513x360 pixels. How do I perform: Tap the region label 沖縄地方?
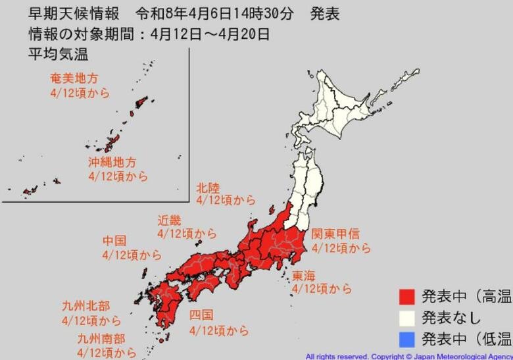coord(112,162)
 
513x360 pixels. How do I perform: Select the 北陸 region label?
coord(210,187)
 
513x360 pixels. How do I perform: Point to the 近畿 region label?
coord(169,220)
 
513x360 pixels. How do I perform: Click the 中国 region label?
coord(114,241)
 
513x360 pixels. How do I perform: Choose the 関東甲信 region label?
coord(335,234)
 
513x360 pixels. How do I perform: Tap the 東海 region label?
coord(304,275)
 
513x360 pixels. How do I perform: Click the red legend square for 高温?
coord(406,296)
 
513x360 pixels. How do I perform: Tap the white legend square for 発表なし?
coord(406,317)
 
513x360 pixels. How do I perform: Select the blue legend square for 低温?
coord(406,339)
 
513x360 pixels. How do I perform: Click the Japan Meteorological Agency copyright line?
coord(408,355)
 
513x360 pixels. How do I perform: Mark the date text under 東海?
coord(322,289)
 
